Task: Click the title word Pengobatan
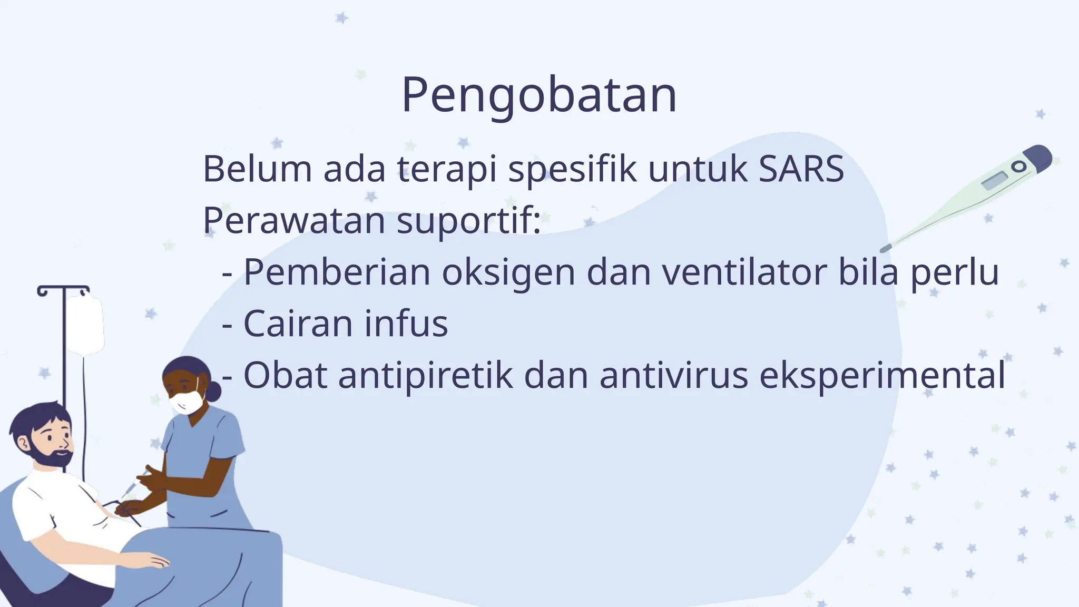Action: (538, 95)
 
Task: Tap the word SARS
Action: (801, 170)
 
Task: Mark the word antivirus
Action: (673, 375)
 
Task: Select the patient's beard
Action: (55, 457)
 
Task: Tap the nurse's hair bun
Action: (213, 391)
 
